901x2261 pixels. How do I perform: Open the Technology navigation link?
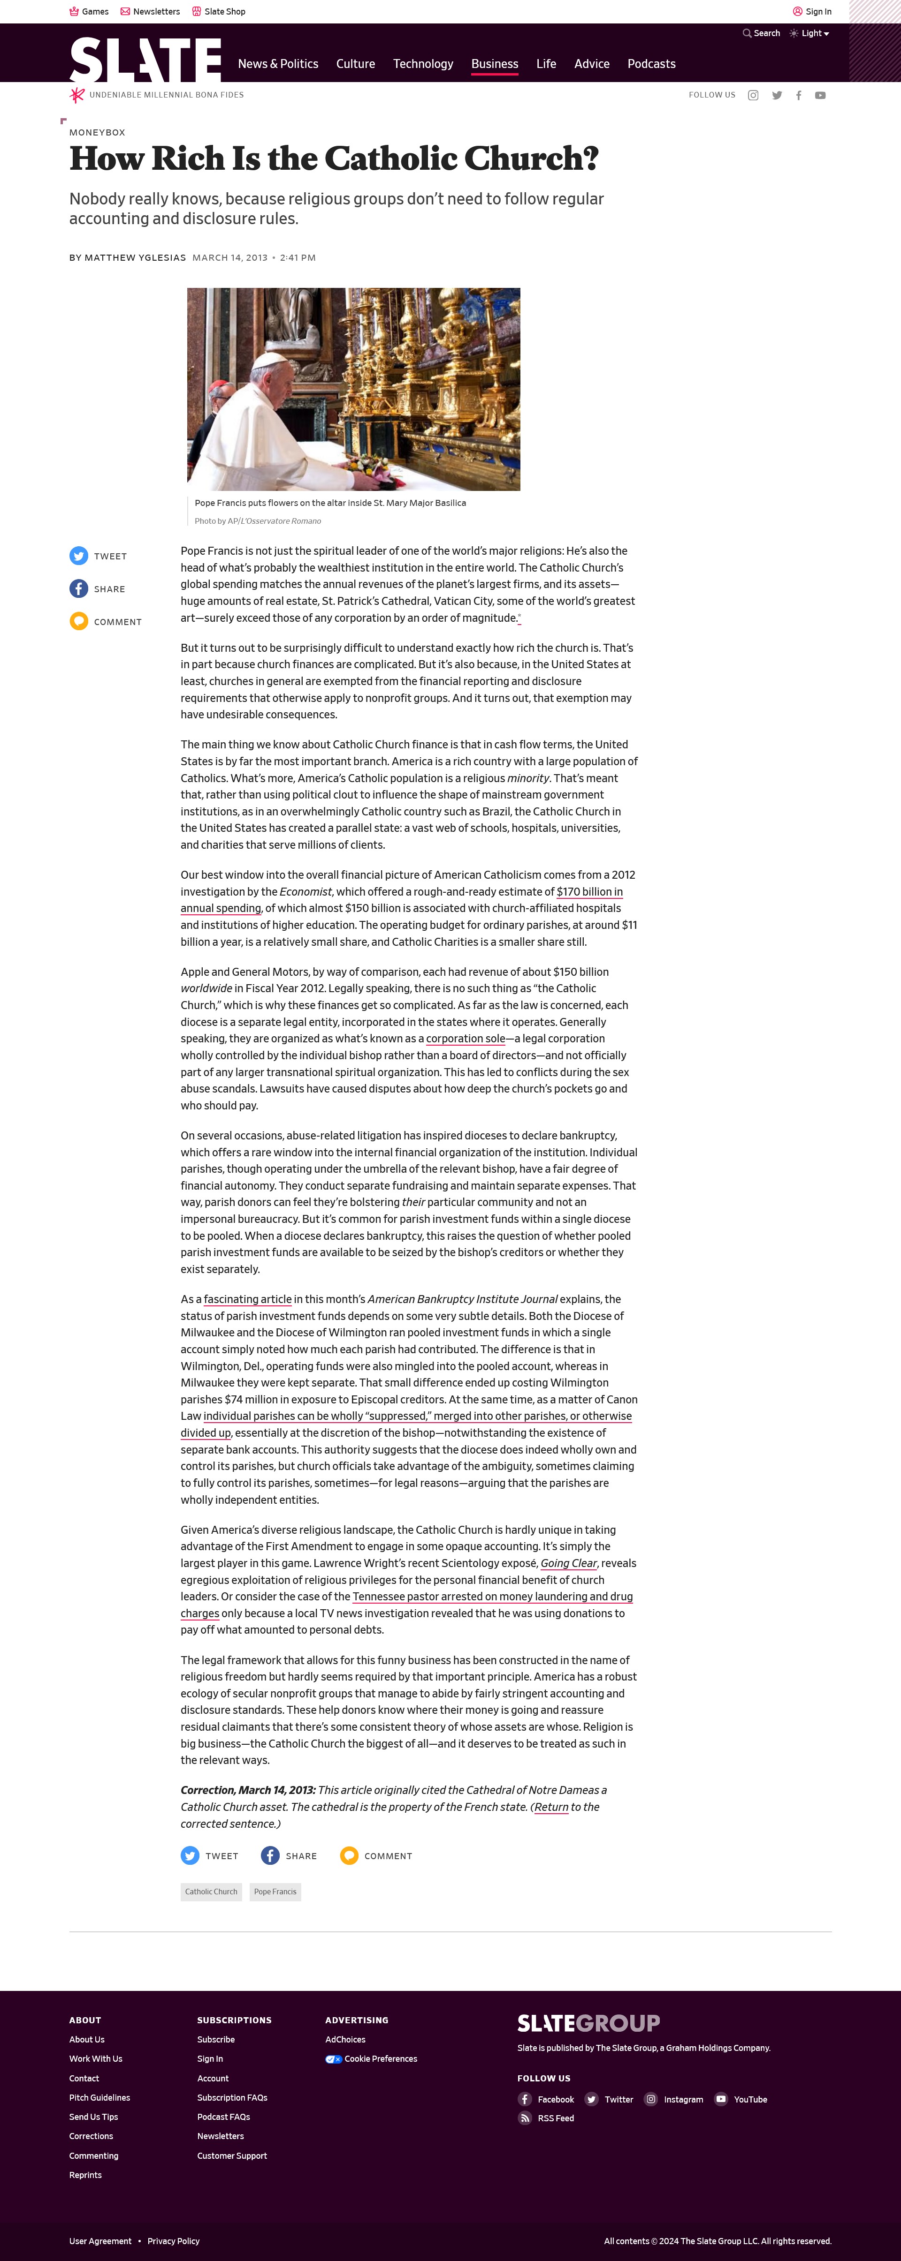pos(422,64)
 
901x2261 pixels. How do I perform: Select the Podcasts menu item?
pos(651,64)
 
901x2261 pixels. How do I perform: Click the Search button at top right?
pos(761,33)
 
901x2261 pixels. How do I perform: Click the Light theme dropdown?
pos(809,33)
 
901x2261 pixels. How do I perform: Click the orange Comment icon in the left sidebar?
pos(79,621)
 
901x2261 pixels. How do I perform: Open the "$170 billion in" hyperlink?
pos(589,892)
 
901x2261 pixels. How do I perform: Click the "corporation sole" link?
pos(466,1038)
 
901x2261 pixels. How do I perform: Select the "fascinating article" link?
pos(248,1299)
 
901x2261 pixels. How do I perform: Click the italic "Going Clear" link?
pos(568,1563)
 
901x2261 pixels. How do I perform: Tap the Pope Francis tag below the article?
pos(275,1892)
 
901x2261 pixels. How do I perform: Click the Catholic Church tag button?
pos(211,1892)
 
